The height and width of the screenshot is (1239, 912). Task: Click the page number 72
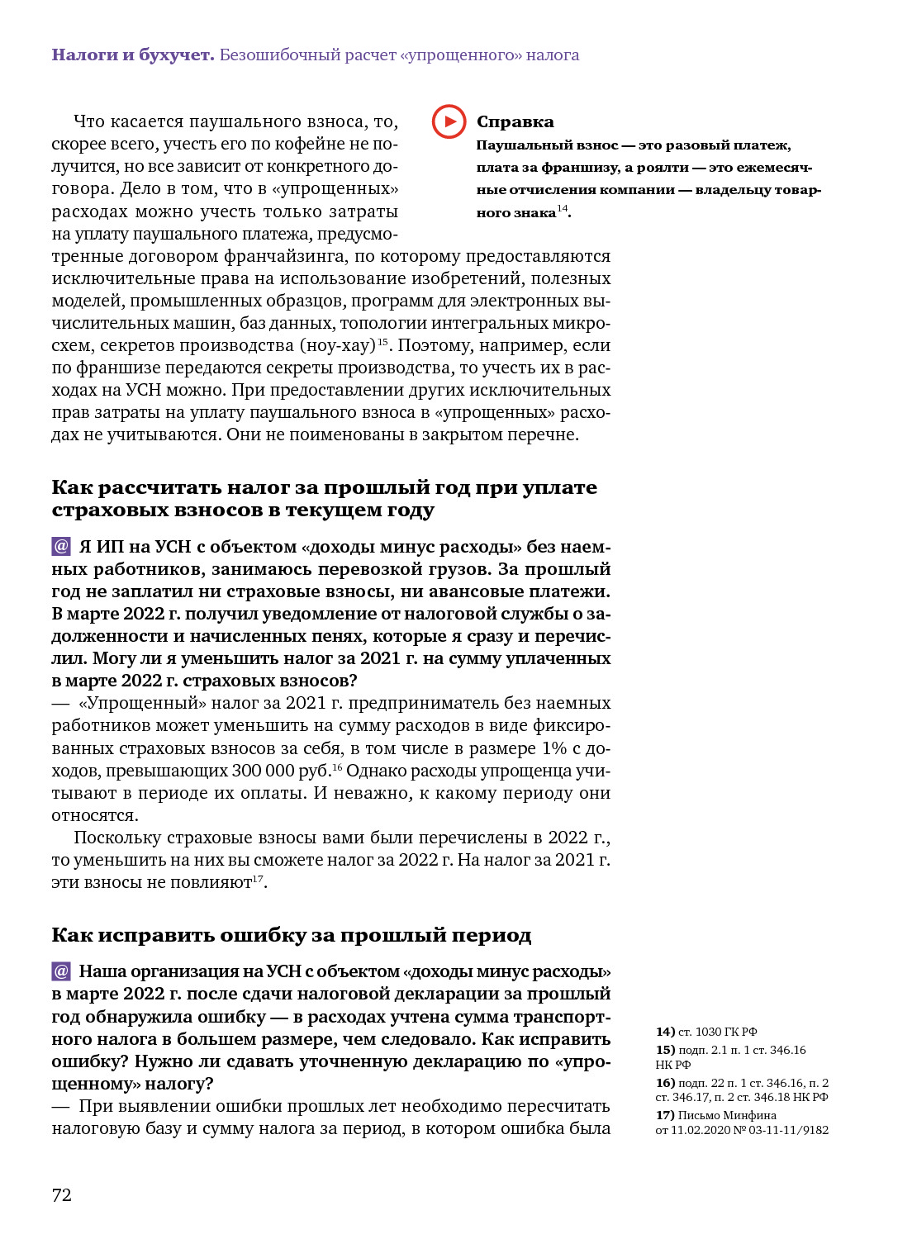click(62, 1195)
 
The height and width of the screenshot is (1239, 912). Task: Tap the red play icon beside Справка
click(449, 121)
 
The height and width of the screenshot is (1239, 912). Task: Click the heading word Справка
click(515, 121)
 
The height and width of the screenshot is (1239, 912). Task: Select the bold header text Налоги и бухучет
click(133, 55)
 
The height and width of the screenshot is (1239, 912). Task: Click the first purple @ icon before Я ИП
click(61, 546)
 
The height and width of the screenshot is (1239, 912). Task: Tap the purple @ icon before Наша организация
click(61, 971)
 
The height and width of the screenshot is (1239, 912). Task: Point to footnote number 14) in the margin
click(665, 1032)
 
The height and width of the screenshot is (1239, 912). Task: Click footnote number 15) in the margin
click(665, 1050)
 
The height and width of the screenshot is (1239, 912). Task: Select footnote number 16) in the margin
click(665, 1083)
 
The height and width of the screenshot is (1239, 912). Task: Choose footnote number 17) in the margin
click(665, 1115)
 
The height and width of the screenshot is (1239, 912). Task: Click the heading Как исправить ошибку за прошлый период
click(291, 935)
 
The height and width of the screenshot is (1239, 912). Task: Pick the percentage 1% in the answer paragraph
click(554, 748)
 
